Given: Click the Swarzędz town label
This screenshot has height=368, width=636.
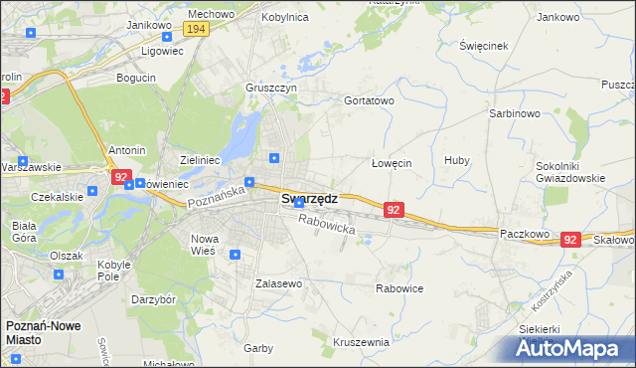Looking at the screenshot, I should tap(309, 198).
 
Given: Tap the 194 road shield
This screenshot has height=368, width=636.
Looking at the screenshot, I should tap(196, 30).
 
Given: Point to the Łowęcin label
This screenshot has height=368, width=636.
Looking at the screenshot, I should tap(391, 163).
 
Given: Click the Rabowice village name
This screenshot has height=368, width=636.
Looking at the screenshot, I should tap(399, 288).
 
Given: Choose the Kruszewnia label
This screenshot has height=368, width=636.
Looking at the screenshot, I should tap(361, 341).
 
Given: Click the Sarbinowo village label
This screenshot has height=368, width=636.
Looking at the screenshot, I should tap(514, 113).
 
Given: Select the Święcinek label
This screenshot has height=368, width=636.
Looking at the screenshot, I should tap(484, 47).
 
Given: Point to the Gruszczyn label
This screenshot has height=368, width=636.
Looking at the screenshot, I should tap(272, 87).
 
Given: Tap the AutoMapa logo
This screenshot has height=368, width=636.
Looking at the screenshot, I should tap(569, 348).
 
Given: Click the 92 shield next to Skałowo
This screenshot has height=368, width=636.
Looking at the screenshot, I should tap(569, 240).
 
